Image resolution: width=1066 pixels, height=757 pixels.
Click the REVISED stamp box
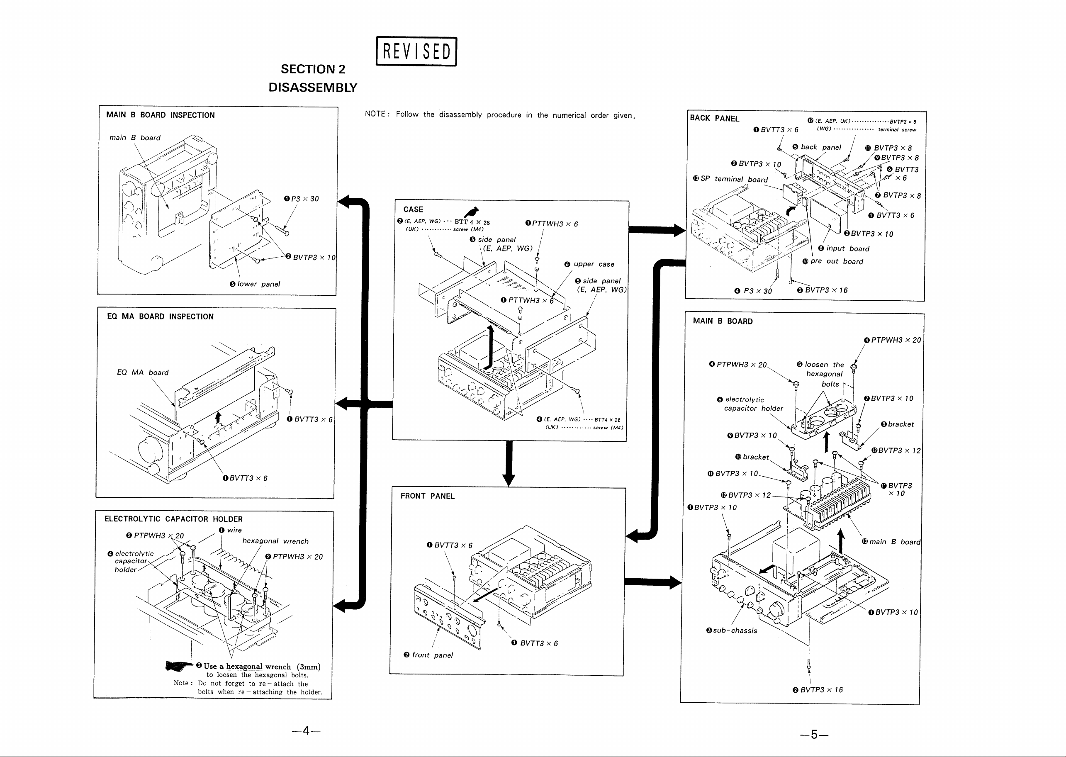coord(416,51)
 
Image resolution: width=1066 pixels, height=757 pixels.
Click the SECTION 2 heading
coord(313,69)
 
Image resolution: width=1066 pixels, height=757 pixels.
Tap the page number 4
coord(306,730)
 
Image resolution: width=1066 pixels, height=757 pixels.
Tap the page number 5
coord(814,735)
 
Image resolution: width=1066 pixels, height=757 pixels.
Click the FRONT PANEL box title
coord(427,496)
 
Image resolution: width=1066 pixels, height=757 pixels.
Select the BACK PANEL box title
coord(715,118)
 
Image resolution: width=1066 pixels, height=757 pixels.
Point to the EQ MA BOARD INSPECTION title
coord(161,316)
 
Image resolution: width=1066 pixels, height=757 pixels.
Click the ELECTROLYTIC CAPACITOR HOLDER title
coord(173,519)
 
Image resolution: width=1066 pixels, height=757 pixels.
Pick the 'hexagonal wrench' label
coord(275,541)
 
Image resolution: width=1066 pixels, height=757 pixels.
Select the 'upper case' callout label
coord(590,264)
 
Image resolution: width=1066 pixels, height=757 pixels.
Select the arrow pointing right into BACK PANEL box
coord(657,230)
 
